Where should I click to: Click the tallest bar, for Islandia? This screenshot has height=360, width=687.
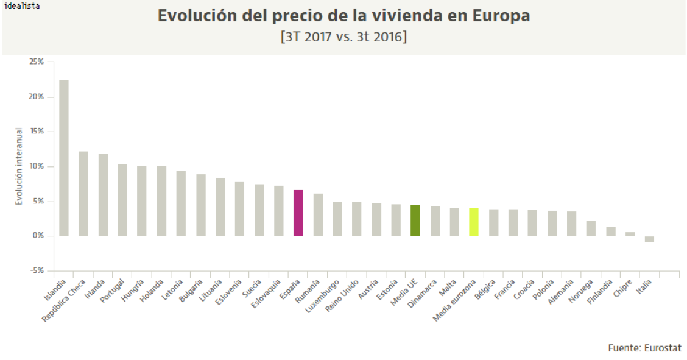click(x=63, y=158)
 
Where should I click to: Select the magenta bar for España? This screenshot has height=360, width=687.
click(x=298, y=213)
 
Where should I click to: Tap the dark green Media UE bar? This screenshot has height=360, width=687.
click(x=415, y=221)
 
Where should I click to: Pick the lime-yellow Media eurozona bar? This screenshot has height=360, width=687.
click(x=474, y=222)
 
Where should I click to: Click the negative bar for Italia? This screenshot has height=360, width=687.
click(x=650, y=239)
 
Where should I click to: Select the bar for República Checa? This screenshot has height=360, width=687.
click(x=83, y=194)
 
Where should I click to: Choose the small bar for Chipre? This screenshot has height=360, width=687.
click(x=630, y=234)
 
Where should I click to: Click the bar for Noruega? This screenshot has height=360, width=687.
click(x=591, y=228)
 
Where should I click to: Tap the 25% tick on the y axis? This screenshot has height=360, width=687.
click(x=36, y=62)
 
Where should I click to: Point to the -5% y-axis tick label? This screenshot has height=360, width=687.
click(x=36, y=271)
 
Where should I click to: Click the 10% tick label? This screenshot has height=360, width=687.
click(x=36, y=166)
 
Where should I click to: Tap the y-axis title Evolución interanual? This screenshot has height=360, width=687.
click(x=19, y=166)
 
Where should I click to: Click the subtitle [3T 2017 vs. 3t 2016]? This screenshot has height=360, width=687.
click(x=343, y=37)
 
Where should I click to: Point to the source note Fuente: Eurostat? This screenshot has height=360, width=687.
click(x=644, y=348)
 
